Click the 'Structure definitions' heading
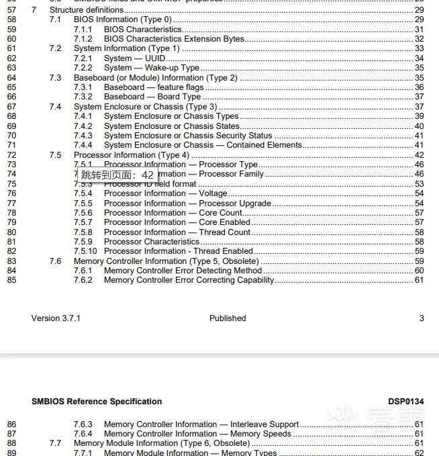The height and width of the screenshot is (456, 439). coord(87,10)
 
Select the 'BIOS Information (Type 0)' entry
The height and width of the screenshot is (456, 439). coord(122,19)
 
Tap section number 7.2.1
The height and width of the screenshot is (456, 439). coord(83,58)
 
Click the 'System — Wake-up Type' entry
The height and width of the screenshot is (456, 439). coord(152,68)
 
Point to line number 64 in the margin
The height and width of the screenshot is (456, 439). coord(11,78)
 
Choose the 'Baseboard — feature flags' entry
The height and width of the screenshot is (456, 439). coord(154,87)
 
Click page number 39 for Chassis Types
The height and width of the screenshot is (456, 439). coord(419,116)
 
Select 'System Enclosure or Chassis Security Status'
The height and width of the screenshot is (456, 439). coord(188,136)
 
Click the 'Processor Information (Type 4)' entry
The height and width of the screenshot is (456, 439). coord(132,155)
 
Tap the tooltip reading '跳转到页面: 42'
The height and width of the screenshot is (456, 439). coord(117,175)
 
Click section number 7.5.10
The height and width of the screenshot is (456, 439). coord(85,251)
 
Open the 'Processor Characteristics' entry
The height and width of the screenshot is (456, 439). coord(152,242)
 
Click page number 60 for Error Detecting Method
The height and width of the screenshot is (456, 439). coord(419,271)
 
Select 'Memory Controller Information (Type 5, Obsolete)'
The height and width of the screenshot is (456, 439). coord(166,261)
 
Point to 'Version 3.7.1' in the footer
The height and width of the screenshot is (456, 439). coord(56,318)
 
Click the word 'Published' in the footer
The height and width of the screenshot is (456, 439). coord(228,318)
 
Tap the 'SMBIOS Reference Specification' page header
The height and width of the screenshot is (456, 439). coord(97,402)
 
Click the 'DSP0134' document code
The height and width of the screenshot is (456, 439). coord(406,402)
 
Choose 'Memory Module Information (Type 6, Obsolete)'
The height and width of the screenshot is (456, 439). coord(162,443)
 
